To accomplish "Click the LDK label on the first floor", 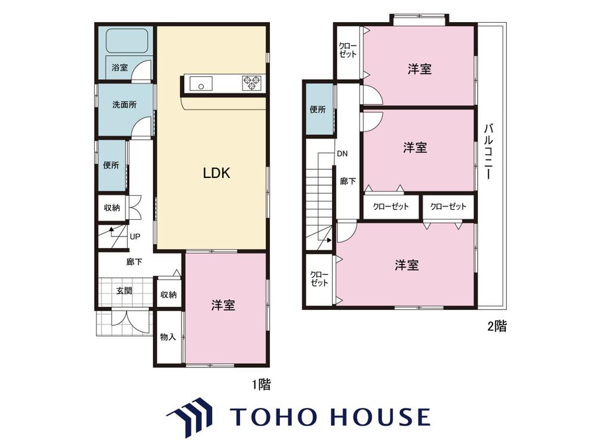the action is [216, 173].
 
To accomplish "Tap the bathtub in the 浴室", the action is [127, 41].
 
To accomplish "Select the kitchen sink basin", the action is [201, 84].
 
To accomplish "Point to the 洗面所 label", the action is [124, 105].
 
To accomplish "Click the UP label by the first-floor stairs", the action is [135, 237].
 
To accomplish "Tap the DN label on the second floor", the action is [342, 154].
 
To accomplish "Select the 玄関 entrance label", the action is [124, 291].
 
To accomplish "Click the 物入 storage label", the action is [168, 337].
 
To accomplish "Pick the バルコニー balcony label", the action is [489, 151].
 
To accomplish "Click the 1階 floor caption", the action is [261, 385].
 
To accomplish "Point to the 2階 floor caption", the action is [497, 326].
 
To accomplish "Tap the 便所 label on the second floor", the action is [318, 110].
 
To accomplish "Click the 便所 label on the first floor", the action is [111, 165].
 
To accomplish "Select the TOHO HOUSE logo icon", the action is [189, 417].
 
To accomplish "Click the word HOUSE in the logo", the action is [381, 417].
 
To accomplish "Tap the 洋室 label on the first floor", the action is [223, 305].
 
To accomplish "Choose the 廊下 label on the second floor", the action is [347, 182].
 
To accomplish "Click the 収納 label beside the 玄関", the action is [168, 294].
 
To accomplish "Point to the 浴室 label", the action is [119, 68].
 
